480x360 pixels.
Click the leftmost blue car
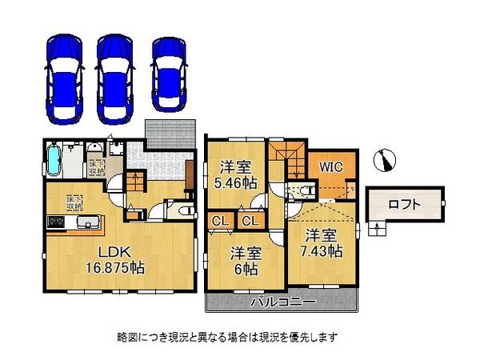point(63,78)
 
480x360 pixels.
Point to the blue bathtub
point(54,160)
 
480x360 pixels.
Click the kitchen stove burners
point(58,222)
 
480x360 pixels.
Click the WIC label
point(330,167)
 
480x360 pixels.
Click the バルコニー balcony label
point(282,302)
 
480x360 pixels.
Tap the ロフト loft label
point(403,204)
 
